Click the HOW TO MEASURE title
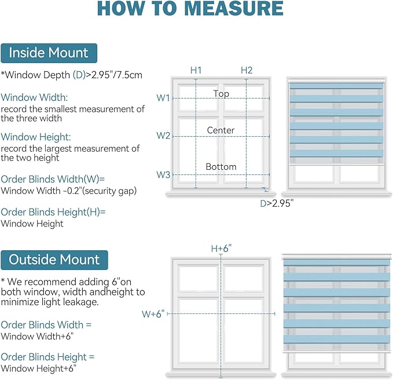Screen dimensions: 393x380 click(190, 9)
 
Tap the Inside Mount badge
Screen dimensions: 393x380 click(49, 53)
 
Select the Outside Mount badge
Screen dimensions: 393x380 click(54, 260)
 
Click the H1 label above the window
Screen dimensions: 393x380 click(196, 70)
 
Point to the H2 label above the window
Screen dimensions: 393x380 click(247, 70)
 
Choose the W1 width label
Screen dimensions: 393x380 click(163, 98)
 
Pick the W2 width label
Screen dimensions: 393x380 click(163, 136)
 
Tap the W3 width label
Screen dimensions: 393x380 click(163, 174)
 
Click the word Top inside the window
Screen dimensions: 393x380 click(221, 94)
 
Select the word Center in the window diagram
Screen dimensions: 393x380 click(221, 130)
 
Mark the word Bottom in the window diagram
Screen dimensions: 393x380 click(221, 167)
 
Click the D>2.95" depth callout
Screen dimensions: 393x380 click(277, 203)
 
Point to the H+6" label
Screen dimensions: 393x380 click(221, 249)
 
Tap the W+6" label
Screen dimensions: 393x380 click(153, 314)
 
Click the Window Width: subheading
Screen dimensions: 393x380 click(34, 97)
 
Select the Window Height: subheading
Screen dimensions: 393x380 click(36, 137)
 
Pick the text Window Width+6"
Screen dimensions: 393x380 click(38, 336)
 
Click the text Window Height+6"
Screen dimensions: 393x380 click(38, 368)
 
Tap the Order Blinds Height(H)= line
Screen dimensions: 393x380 click(53, 212)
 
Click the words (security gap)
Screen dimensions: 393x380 click(109, 191)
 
